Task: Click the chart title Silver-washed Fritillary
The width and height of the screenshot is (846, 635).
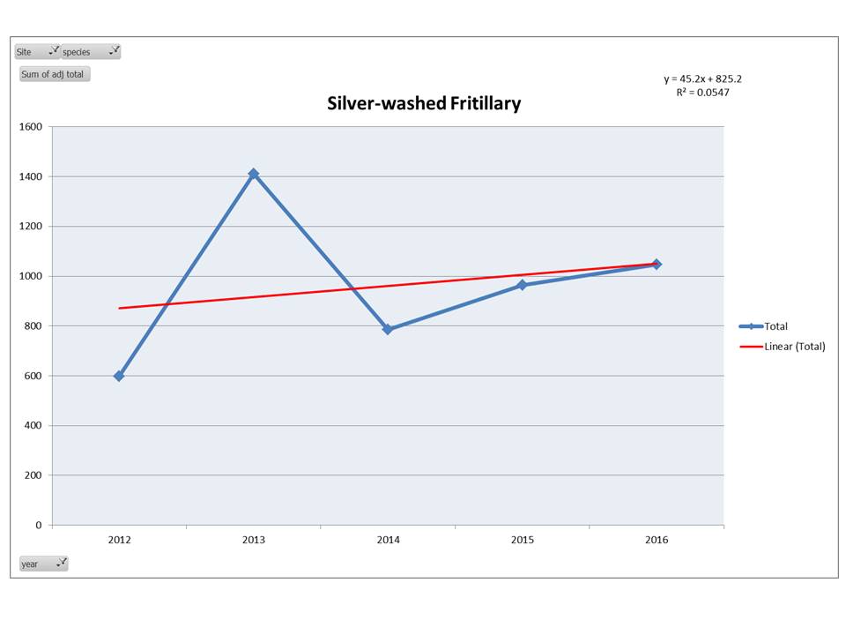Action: (x=424, y=104)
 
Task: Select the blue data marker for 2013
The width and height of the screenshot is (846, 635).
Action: (x=253, y=174)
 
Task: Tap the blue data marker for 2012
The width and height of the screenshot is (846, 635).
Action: (x=119, y=376)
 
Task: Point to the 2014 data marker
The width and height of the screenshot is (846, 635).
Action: (x=387, y=329)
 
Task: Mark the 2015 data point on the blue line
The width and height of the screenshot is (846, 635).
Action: (x=522, y=285)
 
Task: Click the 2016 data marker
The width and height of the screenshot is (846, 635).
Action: (x=656, y=264)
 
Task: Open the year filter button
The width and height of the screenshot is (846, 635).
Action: (x=42, y=564)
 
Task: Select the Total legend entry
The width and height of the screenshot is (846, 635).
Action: (x=775, y=326)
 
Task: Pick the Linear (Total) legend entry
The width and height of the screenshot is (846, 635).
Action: (x=794, y=347)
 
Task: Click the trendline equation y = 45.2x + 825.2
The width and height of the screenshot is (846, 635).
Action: (x=696, y=78)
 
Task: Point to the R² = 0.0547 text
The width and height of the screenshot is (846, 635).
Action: (x=696, y=92)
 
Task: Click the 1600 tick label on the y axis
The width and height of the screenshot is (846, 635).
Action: (x=31, y=127)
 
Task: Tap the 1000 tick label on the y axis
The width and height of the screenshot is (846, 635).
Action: (x=31, y=276)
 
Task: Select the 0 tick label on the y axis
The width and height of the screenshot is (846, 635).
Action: (x=38, y=525)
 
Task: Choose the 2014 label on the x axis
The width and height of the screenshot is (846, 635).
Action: (x=388, y=540)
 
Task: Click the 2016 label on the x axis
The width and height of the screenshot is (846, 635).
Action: (x=656, y=540)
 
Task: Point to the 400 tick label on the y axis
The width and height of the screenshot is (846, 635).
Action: (x=33, y=425)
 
